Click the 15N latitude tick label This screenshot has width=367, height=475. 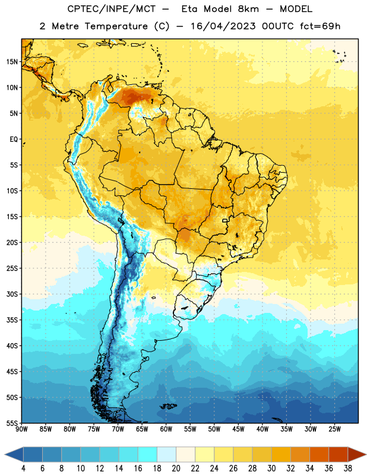[12, 62]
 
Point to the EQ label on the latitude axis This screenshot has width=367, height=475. [14, 140]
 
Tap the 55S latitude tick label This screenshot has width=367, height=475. [12, 423]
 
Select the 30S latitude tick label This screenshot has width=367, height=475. [12, 294]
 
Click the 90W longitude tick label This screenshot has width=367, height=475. [21, 429]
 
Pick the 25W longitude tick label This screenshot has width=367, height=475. [334, 429]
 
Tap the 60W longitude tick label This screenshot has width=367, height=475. [166, 429]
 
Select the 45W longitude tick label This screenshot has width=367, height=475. [238, 429]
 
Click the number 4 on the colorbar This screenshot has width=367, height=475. [23, 468]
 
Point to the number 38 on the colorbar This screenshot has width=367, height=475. [347, 468]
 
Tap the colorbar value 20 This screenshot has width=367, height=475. [176, 468]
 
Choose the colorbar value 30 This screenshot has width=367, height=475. [271, 468]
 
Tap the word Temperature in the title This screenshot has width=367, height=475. [116, 26]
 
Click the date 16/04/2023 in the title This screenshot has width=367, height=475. [223, 26]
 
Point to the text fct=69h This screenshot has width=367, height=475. [320, 26]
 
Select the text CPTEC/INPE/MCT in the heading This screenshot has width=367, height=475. [112, 9]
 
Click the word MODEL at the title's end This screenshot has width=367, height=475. [296, 9]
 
